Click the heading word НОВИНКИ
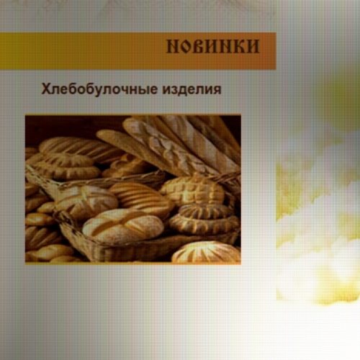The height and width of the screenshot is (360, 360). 213,46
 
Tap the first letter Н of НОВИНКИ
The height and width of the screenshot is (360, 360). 172,46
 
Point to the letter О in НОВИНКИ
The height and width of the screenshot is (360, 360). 186,46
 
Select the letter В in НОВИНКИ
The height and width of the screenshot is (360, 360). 198,46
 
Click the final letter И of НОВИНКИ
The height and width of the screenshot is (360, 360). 253,46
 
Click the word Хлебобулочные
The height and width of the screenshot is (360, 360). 99,89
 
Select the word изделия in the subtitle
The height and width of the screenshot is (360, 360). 192,89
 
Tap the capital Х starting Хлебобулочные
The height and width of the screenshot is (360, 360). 46,89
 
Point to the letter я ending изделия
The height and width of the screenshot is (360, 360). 217,91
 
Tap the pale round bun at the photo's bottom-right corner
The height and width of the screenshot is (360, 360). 207,253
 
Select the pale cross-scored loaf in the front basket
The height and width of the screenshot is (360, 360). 123,225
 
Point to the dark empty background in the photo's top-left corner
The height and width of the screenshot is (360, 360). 60,127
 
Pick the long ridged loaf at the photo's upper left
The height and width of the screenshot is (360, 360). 79,149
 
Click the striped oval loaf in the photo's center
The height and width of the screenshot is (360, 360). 142,198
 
